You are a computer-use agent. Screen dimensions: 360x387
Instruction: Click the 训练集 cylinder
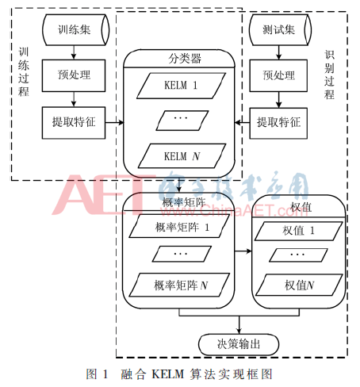(75, 30)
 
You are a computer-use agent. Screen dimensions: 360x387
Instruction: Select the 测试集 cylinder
(280, 30)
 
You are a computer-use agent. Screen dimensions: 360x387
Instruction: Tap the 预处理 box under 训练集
(74, 75)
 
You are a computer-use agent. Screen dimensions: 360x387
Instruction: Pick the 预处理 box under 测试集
(278, 75)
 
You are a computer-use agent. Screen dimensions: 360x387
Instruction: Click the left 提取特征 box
(74, 123)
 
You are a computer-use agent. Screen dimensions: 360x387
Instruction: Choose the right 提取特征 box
(278, 123)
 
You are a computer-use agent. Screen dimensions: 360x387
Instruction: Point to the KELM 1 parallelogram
(181, 86)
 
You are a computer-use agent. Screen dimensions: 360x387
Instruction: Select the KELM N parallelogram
(182, 156)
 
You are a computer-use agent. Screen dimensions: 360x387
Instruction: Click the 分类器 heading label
(185, 59)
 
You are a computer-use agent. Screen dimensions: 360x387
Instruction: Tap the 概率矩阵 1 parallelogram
(179, 226)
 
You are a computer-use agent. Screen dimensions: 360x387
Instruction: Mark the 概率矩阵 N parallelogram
(179, 285)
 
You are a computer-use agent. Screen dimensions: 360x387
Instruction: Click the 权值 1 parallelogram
(299, 231)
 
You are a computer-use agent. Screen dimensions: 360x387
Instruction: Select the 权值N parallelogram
(299, 285)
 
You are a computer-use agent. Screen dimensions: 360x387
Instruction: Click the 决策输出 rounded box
(239, 344)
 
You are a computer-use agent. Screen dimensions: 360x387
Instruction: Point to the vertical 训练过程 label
(24, 72)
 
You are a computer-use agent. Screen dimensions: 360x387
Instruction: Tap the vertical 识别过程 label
(329, 75)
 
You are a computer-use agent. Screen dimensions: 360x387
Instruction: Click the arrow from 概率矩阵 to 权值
(243, 251)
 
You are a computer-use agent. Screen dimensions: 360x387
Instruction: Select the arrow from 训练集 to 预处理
(74, 52)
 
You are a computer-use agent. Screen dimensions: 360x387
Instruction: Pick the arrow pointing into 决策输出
(239, 325)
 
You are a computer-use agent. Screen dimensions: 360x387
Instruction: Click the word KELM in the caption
(167, 374)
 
